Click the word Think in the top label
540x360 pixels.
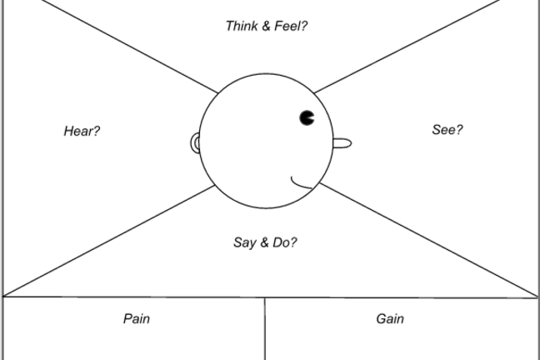(x=241, y=26)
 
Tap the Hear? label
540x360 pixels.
(x=82, y=131)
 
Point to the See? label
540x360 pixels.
(x=447, y=129)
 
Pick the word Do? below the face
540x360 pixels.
(x=284, y=242)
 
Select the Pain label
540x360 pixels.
(x=137, y=318)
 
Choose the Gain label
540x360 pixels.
(x=390, y=318)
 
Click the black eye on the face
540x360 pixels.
(x=307, y=117)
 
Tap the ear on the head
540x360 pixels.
(x=196, y=143)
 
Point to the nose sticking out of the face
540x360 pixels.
(x=342, y=143)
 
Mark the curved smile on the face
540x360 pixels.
(x=302, y=182)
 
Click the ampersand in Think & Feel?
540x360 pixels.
(x=266, y=26)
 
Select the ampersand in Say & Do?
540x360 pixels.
(x=264, y=242)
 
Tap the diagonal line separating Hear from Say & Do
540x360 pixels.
(x=108, y=242)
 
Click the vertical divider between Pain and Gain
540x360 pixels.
(x=265, y=328)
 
